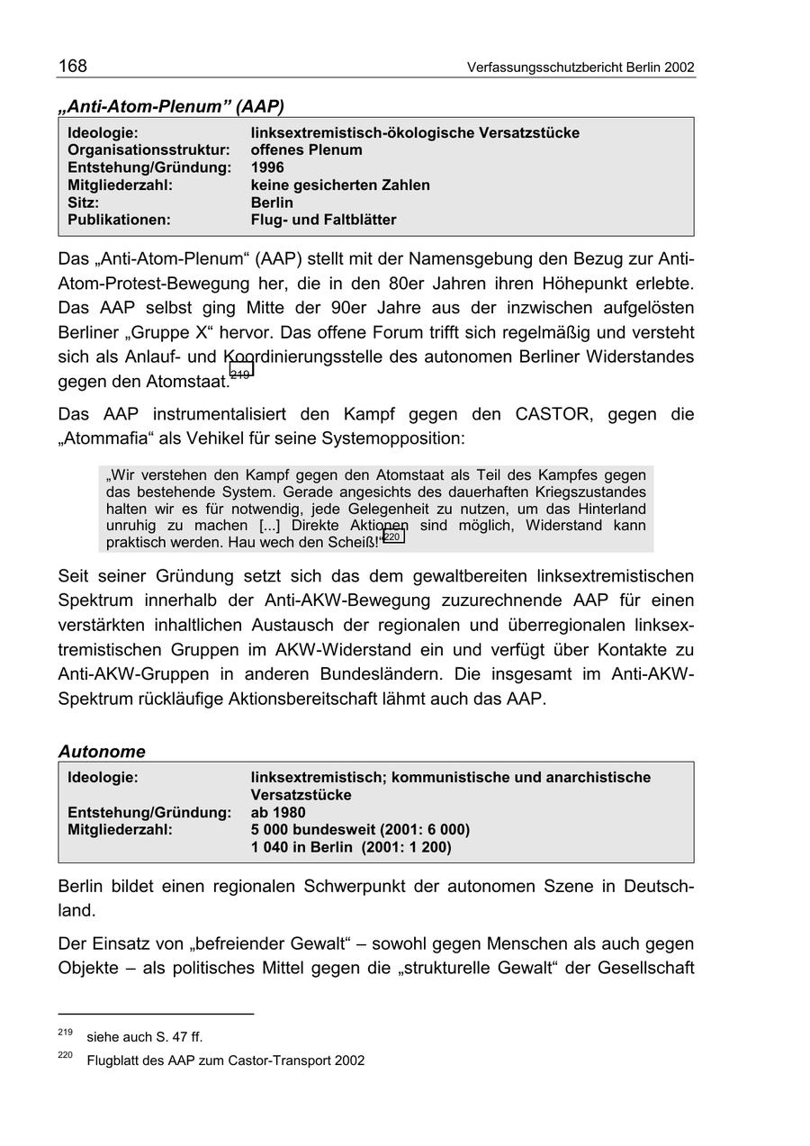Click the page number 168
[x=73, y=66]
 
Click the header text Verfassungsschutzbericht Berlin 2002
[x=580, y=68]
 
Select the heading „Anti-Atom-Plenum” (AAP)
[x=171, y=106]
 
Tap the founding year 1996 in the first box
[x=267, y=167]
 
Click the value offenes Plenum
[x=306, y=150]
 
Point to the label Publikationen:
[x=119, y=220]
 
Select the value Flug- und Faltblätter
[x=323, y=220]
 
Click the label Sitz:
[x=84, y=203]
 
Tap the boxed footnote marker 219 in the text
[x=241, y=372]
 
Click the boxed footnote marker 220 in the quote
[x=393, y=537]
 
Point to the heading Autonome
[x=102, y=751]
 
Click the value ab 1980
[x=278, y=812]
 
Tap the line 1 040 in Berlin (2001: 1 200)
[x=351, y=847]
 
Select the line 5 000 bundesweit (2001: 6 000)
[x=360, y=829]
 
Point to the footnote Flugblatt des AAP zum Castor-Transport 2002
[x=226, y=1060]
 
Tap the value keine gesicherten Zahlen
[x=340, y=185]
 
